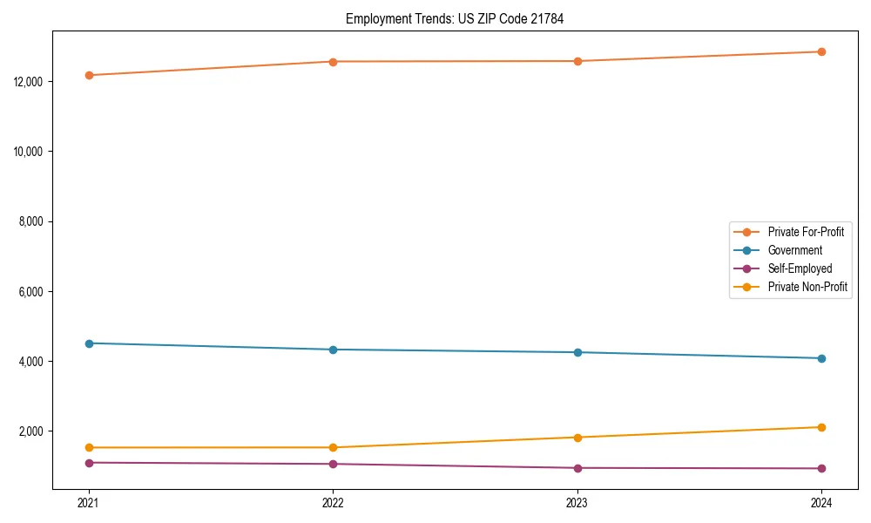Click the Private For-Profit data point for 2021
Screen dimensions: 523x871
(x=89, y=75)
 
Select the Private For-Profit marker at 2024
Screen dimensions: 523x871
(x=821, y=51)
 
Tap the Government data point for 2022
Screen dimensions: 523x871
(x=333, y=350)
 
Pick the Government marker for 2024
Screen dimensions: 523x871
(x=821, y=358)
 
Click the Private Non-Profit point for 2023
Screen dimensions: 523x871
(x=577, y=438)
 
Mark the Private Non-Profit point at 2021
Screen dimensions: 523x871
(x=89, y=447)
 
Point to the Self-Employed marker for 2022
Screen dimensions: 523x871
(x=333, y=464)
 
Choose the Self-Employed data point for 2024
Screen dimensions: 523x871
(x=821, y=468)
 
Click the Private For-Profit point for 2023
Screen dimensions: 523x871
(x=577, y=61)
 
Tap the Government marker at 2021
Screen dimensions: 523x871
(x=89, y=343)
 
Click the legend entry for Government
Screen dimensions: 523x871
(x=794, y=250)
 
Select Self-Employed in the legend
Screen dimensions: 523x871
(x=800, y=268)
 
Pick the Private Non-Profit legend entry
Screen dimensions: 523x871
(x=807, y=287)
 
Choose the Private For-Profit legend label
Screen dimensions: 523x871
(x=806, y=232)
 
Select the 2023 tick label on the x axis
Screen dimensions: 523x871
(x=577, y=502)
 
